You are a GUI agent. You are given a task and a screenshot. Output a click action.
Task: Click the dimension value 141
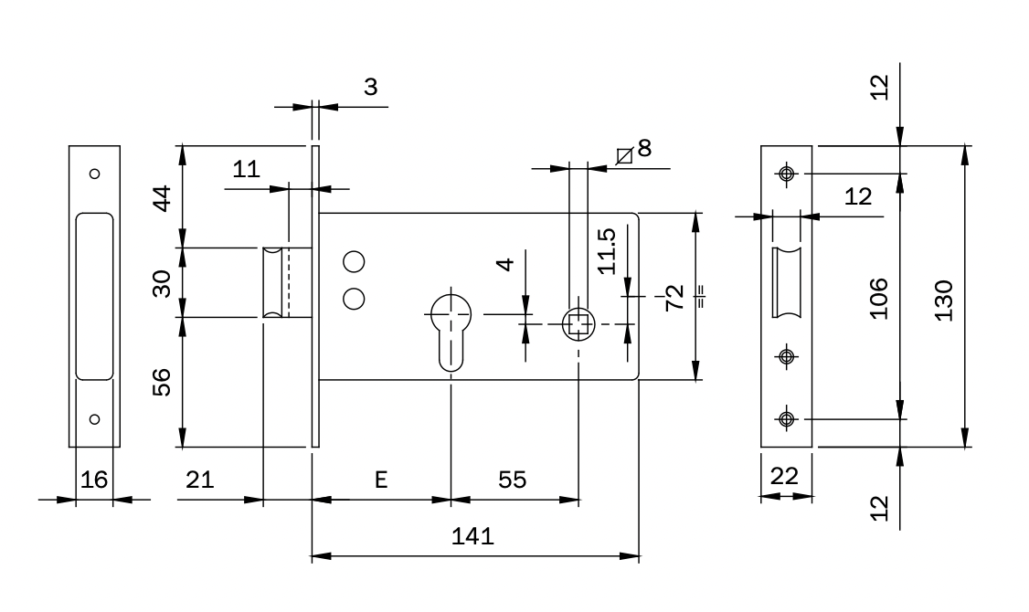(473, 536)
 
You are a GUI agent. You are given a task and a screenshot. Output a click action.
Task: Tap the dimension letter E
(381, 480)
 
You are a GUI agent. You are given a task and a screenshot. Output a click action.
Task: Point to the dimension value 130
(944, 300)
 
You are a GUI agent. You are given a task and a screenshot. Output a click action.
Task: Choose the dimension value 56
(160, 382)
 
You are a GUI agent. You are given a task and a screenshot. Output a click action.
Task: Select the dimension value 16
(93, 480)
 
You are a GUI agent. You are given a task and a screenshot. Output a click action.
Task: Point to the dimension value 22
(785, 476)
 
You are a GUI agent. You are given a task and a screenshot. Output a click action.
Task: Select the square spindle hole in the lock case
(578, 322)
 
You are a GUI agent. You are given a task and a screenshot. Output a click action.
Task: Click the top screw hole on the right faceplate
(785, 173)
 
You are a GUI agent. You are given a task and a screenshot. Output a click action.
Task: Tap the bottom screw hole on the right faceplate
(785, 419)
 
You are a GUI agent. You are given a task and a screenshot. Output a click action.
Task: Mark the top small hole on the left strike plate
(93, 173)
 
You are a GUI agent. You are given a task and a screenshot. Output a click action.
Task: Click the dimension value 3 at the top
(370, 88)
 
